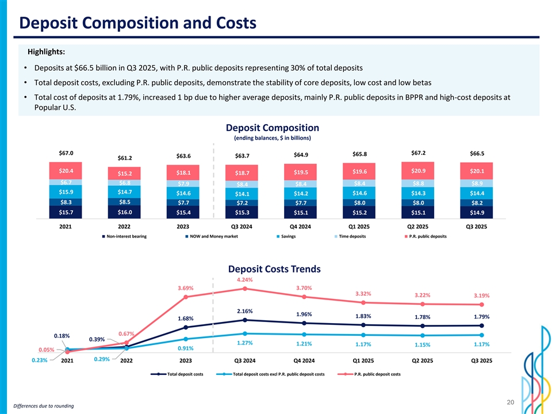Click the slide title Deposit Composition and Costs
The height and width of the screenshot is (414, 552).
137,23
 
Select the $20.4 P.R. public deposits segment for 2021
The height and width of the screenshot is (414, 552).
66,171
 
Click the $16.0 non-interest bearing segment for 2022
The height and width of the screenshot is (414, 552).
125,213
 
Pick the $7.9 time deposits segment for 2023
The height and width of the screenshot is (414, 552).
184,183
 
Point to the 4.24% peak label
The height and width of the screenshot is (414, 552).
245,280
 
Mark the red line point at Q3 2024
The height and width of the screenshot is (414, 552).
245,289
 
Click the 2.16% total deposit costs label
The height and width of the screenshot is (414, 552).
244,311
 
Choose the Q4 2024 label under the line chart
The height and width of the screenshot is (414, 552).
304,361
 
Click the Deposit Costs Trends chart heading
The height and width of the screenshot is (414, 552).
274,269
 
